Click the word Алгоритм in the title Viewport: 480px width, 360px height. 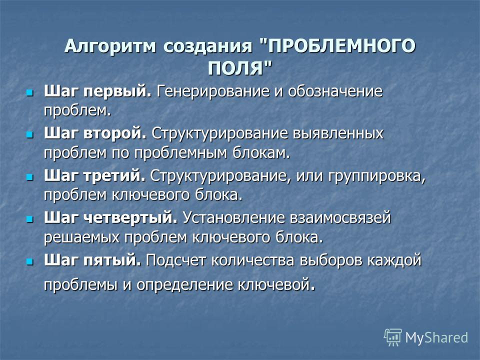tap(110, 46)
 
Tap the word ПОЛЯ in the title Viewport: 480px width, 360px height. tap(235, 68)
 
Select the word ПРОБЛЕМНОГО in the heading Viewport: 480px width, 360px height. tap(341, 46)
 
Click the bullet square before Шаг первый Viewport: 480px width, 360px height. tap(29, 92)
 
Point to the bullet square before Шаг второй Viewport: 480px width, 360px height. tap(29, 134)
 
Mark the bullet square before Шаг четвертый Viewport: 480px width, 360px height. tap(29, 219)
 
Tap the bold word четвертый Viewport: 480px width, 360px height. tap(130, 218)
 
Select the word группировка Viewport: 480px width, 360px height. tap(377, 176)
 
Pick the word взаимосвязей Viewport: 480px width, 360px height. tap(340, 218)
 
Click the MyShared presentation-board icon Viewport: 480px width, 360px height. tap(393, 337)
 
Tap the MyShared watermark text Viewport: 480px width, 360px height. tap(436, 338)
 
